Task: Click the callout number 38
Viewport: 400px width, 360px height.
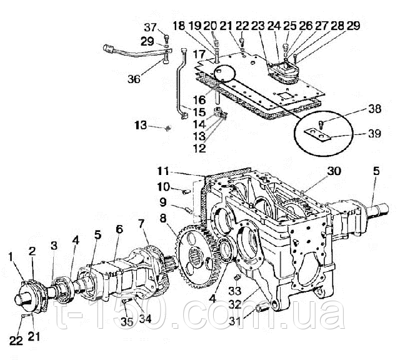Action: pyautogui.click(x=374, y=109)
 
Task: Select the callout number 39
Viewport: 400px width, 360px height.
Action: pyautogui.click(x=374, y=133)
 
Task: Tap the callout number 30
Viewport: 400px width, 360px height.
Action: pyautogui.click(x=333, y=171)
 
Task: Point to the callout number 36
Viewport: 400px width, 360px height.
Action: pyautogui.click(x=134, y=79)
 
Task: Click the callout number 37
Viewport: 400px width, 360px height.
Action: pyautogui.click(x=151, y=27)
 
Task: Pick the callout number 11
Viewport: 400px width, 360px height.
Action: pyautogui.click(x=162, y=171)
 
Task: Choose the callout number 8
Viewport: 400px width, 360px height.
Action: pyautogui.click(x=163, y=218)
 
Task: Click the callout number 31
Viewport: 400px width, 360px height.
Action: pyautogui.click(x=234, y=321)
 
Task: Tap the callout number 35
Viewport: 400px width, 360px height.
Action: pyautogui.click(x=127, y=322)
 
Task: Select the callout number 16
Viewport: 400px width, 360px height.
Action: pyautogui.click(x=199, y=100)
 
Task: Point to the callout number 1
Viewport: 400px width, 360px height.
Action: pyautogui.click(x=10, y=257)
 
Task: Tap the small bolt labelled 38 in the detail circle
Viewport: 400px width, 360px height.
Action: pyautogui.click(x=321, y=124)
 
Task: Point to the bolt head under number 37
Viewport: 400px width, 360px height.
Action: pyautogui.click(x=166, y=39)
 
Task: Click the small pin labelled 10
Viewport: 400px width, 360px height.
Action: pyautogui.click(x=186, y=191)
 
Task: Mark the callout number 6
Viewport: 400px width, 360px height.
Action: pyautogui.click(x=119, y=229)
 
